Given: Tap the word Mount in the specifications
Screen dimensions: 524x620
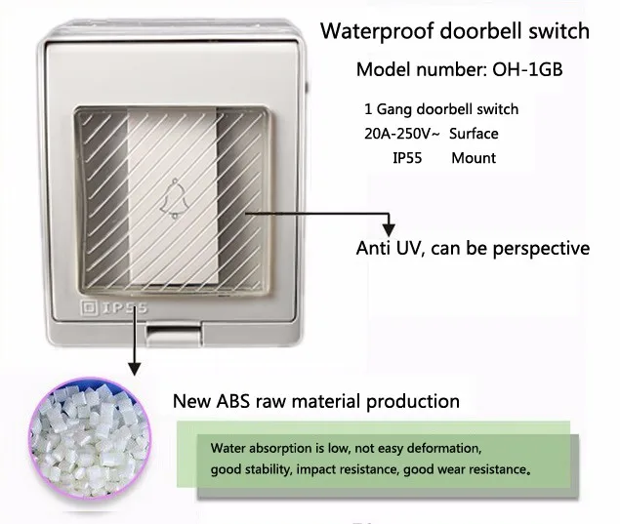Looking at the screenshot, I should pos(474,157).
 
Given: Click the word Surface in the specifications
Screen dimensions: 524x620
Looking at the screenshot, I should pos(474,133).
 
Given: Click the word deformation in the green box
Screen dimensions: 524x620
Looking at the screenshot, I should pos(434,450).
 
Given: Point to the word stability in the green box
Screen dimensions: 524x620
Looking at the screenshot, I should pos(269,470).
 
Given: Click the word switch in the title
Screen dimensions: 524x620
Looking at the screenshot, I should pos(557,30).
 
